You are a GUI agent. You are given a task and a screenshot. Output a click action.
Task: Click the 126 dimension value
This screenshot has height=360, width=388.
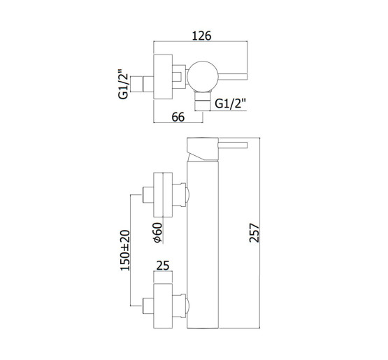tap(201, 36)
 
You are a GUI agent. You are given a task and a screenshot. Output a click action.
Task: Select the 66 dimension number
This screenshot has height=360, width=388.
tap(178, 117)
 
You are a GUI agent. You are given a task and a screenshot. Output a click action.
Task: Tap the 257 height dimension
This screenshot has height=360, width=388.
tap(254, 233)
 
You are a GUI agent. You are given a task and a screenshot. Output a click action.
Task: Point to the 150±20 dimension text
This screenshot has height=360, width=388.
tap(125, 250)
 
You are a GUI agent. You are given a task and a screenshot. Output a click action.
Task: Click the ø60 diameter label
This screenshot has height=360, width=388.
tap(157, 233)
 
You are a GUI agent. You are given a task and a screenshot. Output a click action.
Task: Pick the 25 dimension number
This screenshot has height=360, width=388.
tap(163, 266)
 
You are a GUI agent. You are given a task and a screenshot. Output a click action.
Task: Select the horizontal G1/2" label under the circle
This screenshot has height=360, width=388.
tap(231, 103)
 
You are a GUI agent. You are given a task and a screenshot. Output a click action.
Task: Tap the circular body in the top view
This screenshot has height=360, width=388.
tap(203, 76)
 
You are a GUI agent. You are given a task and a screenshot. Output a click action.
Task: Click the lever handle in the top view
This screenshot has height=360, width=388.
tap(233, 77)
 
